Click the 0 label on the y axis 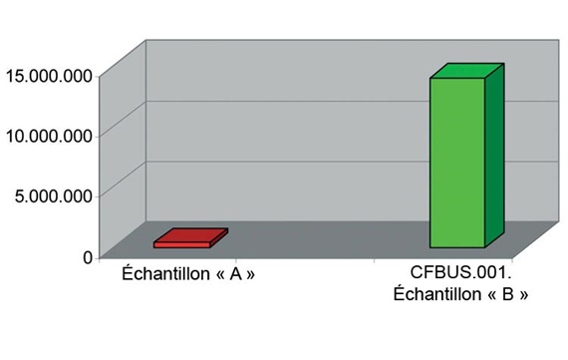88,256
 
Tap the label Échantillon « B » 460,295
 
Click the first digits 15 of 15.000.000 14,74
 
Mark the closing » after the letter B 519,296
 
